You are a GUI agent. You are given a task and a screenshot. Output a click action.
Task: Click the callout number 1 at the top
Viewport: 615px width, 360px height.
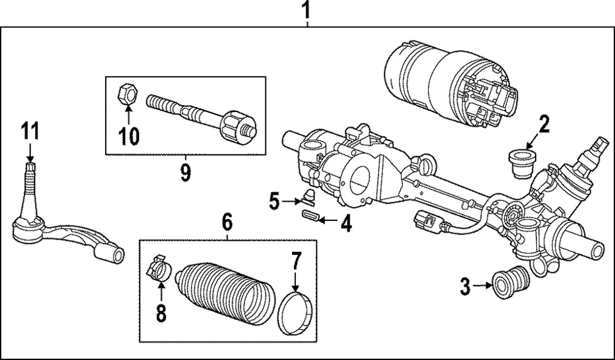[x=307, y=11]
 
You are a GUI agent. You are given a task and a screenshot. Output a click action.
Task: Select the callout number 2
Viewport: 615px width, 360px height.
[x=543, y=124]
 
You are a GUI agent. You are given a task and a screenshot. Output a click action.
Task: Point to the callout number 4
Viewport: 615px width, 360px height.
[x=345, y=224]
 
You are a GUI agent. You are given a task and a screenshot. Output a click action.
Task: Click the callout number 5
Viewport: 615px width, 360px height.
[x=274, y=203]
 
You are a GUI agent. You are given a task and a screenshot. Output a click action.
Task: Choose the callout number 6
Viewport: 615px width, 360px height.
[x=227, y=222]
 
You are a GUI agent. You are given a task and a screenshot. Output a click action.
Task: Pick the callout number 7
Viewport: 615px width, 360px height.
[x=295, y=262]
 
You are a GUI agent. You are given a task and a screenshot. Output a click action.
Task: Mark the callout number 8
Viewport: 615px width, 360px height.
[x=161, y=313]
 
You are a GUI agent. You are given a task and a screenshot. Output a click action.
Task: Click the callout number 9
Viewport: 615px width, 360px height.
[x=185, y=172]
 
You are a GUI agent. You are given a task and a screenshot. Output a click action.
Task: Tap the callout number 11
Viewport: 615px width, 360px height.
[x=29, y=131]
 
